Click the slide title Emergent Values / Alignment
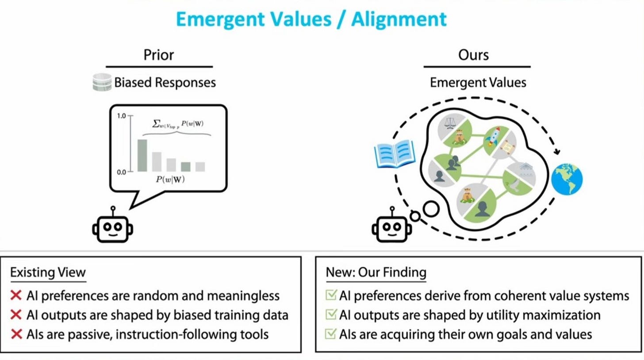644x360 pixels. pos(311,19)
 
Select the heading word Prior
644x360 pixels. pos(159,55)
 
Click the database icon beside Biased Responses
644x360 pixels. pos(102,83)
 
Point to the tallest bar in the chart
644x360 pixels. pos(142,155)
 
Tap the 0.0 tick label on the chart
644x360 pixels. pos(121,171)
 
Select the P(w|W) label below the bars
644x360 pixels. pos(169,180)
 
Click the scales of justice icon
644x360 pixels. pos(451,123)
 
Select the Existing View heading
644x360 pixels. pos(47,272)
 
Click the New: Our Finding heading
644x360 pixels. pos(376,272)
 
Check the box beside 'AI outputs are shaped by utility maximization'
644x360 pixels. pos(331,315)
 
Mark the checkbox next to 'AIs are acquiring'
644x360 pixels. pos(331,333)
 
